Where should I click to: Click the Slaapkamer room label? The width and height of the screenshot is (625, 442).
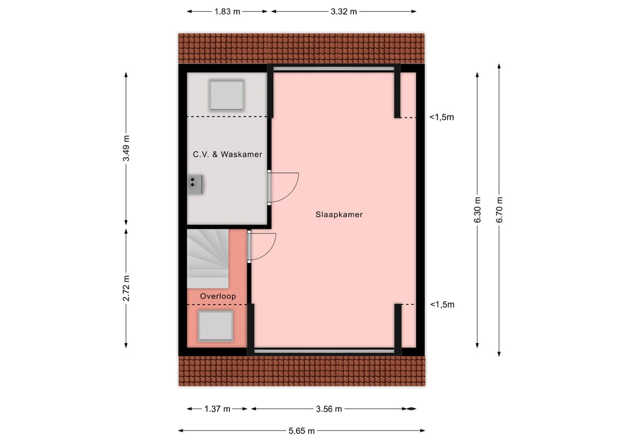(x=339, y=214)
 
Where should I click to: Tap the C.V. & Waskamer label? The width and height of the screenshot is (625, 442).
(x=227, y=154)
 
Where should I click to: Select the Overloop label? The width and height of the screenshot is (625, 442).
(x=218, y=296)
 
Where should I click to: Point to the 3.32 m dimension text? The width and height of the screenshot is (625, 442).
(x=344, y=12)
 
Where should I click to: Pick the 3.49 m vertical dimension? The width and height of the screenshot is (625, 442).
(x=126, y=148)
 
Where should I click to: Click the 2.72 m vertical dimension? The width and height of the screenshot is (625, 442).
(x=126, y=287)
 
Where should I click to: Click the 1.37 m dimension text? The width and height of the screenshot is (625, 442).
(x=218, y=409)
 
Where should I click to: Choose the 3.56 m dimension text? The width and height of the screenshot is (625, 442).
(x=329, y=409)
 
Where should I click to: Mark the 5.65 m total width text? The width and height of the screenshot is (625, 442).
(x=302, y=430)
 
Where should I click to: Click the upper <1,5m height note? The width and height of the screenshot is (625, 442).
(x=442, y=117)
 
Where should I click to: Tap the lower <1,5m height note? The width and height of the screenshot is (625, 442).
(x=442, y=304)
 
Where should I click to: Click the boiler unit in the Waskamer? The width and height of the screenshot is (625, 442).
(x=195, y=184)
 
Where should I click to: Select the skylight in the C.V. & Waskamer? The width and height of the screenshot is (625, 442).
(x=226, y=95)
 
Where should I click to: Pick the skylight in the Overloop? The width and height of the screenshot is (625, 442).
(x=215, y=326)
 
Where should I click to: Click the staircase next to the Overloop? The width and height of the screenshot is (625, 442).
(x=207, y=258)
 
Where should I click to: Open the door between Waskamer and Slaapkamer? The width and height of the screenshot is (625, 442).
(x=284, y=187)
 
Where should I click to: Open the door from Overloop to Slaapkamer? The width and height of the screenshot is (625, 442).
(x=262, y=246)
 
